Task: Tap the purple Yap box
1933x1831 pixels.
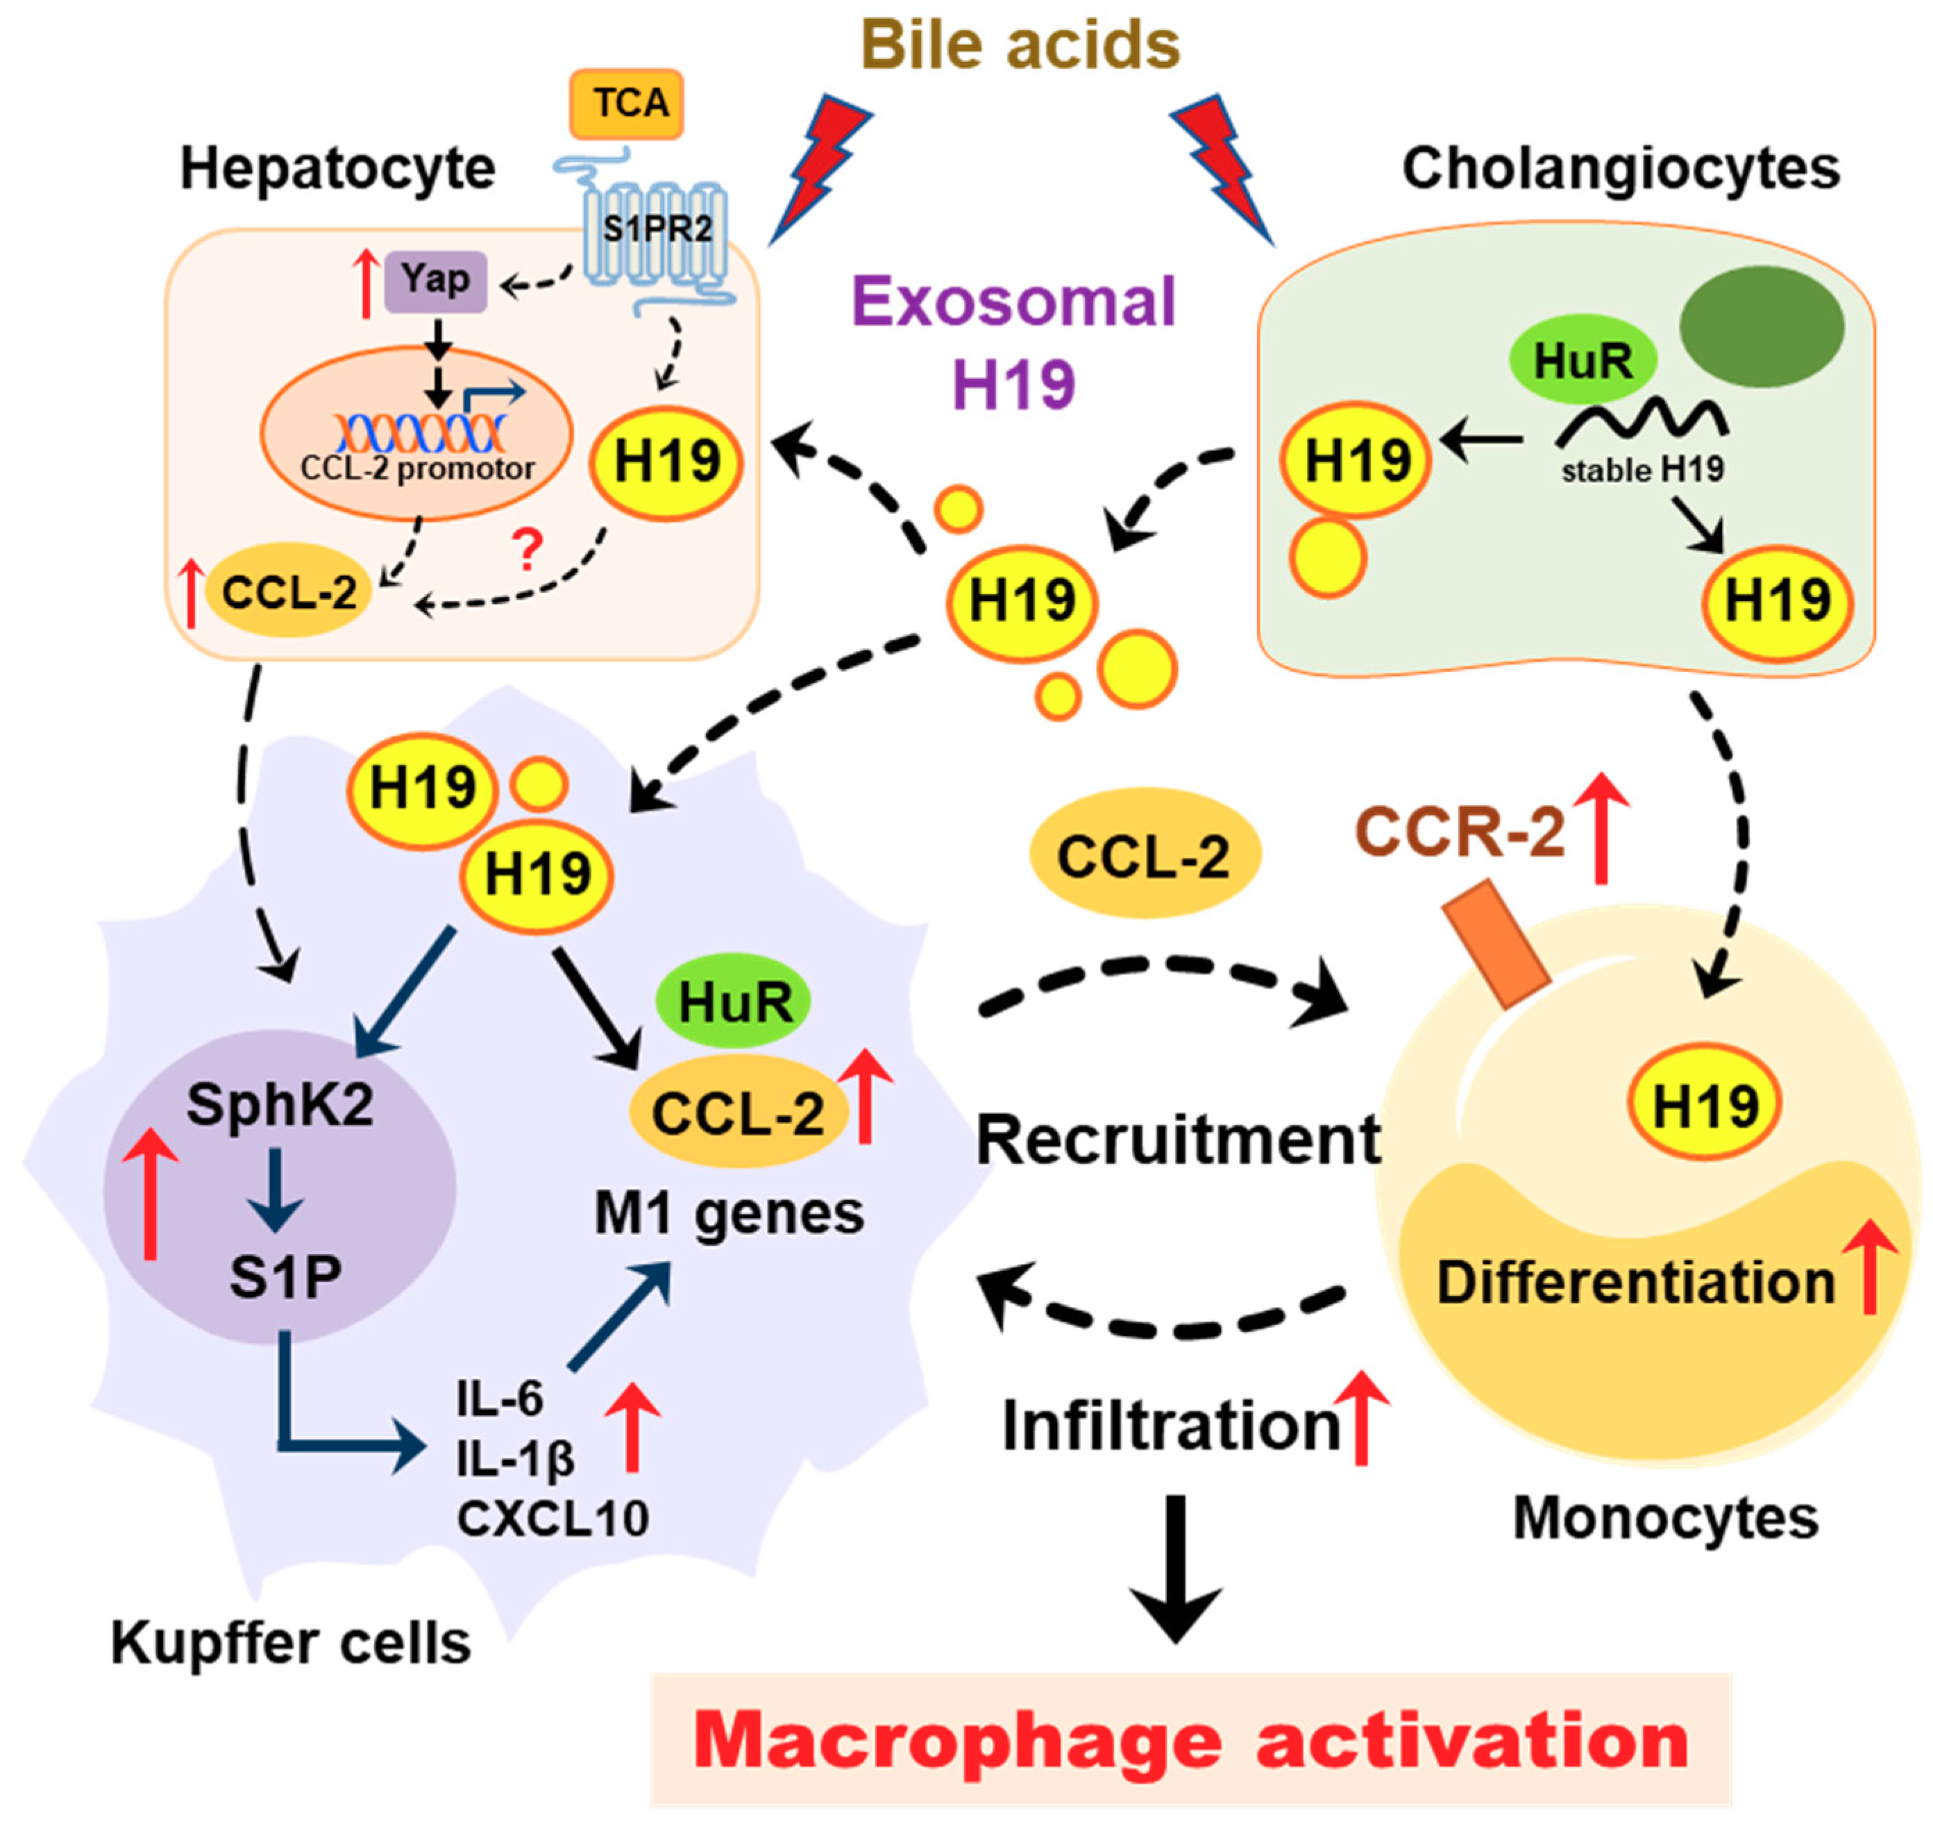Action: (x=435, y=281)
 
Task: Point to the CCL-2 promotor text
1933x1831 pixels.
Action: (x=418, y=469)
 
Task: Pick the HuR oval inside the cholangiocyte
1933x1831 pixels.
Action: (x=1582, y=360)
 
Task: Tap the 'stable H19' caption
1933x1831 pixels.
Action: (x=1641, y=471)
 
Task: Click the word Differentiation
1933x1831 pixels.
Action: (x=1635, y=1283)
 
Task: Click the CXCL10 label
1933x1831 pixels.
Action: (x=552, y=1519)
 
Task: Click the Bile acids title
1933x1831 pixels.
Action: (x=1020, y=45)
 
